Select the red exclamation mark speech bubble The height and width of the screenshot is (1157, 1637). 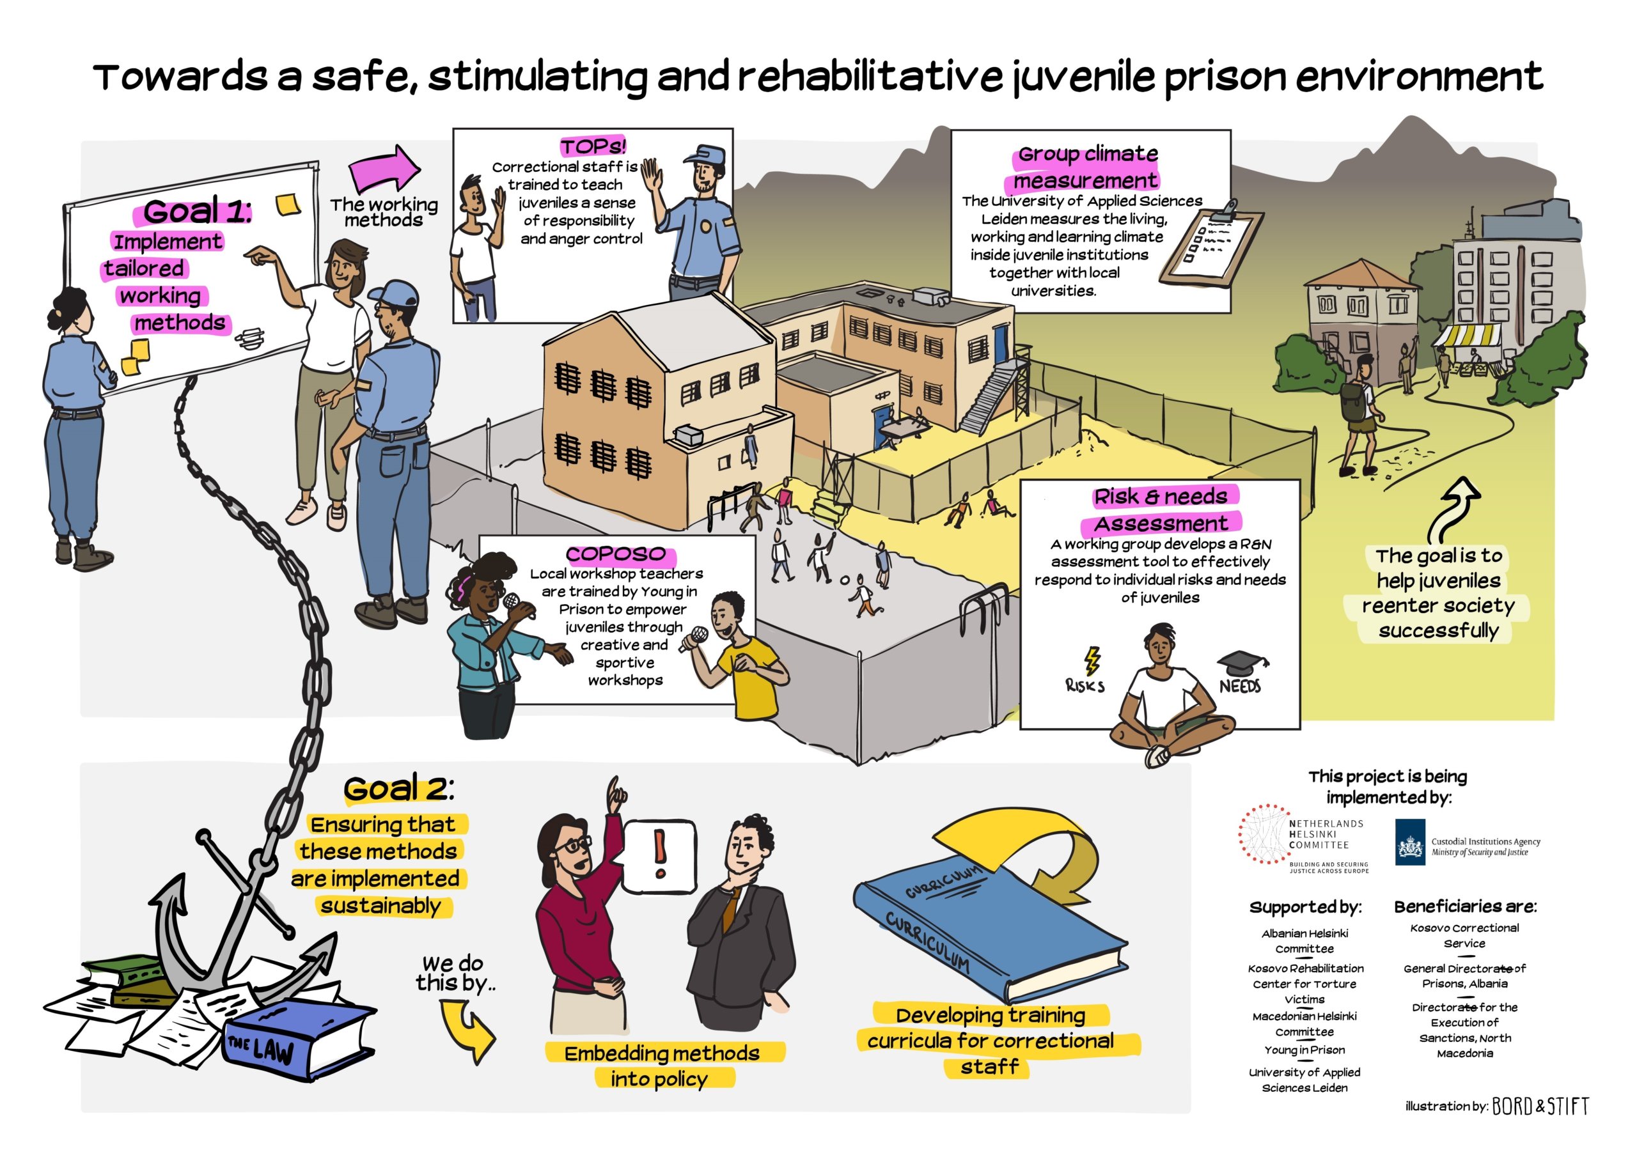pos(659,856)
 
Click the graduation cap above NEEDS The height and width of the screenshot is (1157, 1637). pos(1241,663)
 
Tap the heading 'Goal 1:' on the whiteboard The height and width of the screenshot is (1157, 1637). pos(197,211)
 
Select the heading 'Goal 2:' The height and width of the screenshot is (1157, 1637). pos(398,788)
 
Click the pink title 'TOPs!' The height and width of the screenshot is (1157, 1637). pos(593,147)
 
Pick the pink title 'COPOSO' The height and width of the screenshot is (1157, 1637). pos(616,554)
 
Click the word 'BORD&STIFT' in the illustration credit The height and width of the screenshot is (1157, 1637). pos(1540,1106)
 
